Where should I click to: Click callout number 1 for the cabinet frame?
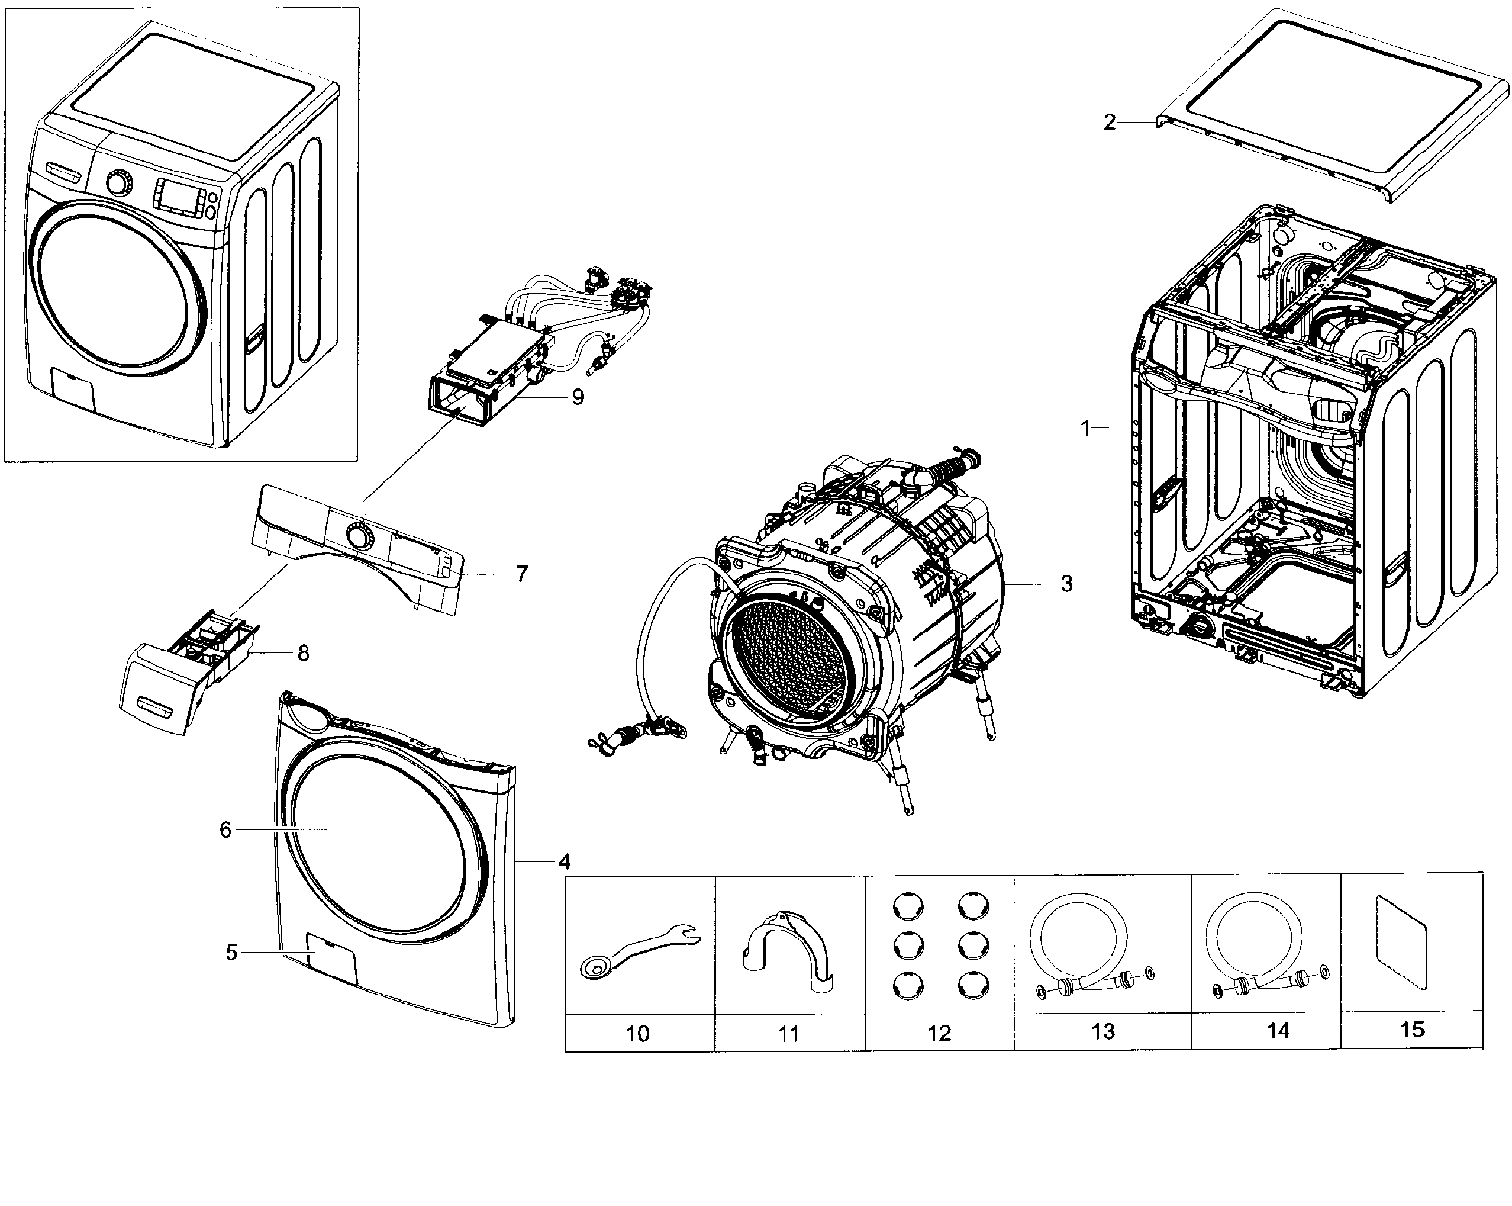1085,428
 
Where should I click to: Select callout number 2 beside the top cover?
1109,123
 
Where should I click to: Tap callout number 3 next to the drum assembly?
1066,584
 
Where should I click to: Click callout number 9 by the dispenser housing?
577,398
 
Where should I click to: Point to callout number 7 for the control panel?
522,575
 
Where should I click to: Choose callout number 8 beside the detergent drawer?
303,653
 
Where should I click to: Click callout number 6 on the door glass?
225,830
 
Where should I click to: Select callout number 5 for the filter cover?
231,952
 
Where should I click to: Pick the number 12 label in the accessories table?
939,1033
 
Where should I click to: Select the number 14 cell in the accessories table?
1278,1030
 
